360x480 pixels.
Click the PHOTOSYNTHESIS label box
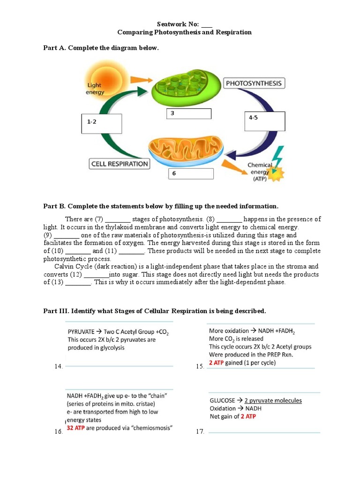point(254,84)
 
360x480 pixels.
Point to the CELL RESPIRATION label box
point(120,164)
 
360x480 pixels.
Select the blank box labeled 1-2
point(101,124)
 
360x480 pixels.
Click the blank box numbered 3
point(188,114)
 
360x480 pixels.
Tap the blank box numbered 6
point(191,174)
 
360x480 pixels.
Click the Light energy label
point(95,89)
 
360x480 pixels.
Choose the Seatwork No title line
point(184,24)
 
